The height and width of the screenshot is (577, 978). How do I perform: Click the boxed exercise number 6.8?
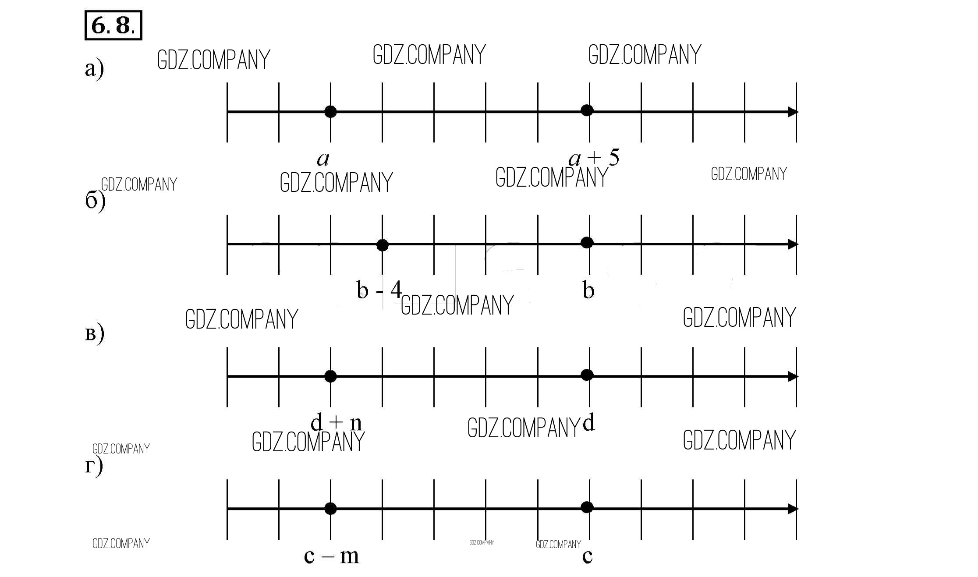point(113,25)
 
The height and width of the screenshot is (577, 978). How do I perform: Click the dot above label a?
point(330,112)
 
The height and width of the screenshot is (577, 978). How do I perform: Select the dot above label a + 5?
point(587,110)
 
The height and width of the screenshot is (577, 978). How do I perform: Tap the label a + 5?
point(594,158)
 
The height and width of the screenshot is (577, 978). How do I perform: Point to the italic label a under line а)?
point(323,159)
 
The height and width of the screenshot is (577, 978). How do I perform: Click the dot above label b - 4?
point(382,245)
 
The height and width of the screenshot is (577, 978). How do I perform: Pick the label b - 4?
point(379,290)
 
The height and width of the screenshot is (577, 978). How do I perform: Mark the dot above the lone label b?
point(587,243)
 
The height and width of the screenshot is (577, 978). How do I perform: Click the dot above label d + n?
point(330,376)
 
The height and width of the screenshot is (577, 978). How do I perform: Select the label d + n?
point(336,423)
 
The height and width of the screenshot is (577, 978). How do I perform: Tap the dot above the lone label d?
point(587,375)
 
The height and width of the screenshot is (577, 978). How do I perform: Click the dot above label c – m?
point(330,509)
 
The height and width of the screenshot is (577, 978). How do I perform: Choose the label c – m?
point(331,556)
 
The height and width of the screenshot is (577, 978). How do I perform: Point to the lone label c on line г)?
point(587,556)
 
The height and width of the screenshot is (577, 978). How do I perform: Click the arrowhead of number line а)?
point(793,112)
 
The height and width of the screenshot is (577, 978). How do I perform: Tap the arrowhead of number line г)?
point(793,509)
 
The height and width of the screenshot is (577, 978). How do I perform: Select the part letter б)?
point(95,202)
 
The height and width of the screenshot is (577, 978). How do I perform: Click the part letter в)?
point(94,334)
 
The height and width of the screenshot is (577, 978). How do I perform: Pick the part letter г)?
point(93,466)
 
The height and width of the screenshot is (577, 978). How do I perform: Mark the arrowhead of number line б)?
point(793,244)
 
